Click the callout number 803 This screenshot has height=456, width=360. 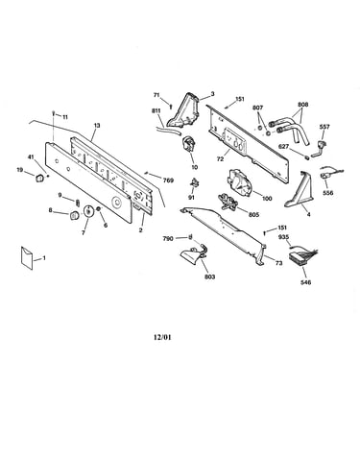click(x=210, y=276)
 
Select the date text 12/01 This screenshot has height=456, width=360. click(x=162, y=337)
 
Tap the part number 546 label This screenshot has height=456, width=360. click(x=306, y=282)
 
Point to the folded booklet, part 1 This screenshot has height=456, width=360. click(x=27, y=257)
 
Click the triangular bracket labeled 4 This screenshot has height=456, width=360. click(x=299, y=190)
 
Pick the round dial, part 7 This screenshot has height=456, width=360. click(x=87, y=211)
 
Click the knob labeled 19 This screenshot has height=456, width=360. click(x=38, y=178)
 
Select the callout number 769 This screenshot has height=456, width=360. click(x=168, y=180)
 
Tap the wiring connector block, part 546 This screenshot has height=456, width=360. click(x=299, y=256)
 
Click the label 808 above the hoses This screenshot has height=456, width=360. click(x=303, y=105)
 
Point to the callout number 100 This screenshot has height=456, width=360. click(x=267, y=199)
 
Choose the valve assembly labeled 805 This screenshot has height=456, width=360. click(x=228, y=203)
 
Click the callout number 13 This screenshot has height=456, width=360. click(x=97, y=126)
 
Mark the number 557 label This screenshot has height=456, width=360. click(x=324, y=127)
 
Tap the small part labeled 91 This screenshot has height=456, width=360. click(x=194, y=183)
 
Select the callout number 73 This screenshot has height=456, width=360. click(x=278, y=263)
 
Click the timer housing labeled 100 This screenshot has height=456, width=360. click(x=240, y=181)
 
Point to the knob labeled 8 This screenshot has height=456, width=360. click(x=74, y=215)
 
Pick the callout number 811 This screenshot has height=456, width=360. click(x=156, y=110)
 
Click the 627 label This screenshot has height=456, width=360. click(x=283, y=147)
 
